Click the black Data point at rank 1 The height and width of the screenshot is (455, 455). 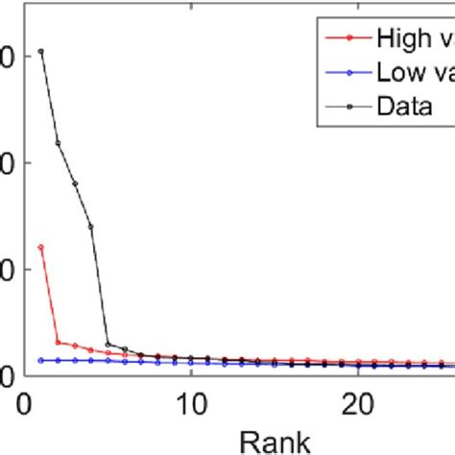40,51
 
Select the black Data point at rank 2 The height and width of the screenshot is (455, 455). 58,143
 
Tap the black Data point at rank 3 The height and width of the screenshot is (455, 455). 74,183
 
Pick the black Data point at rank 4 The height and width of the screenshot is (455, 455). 90,227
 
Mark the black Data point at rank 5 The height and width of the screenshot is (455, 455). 108,344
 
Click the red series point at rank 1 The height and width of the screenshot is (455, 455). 40,247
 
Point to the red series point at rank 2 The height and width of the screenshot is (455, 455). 58,342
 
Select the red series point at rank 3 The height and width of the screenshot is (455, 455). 74,346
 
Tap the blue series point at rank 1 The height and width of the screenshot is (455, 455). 40,360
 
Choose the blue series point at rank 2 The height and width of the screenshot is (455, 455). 58,360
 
